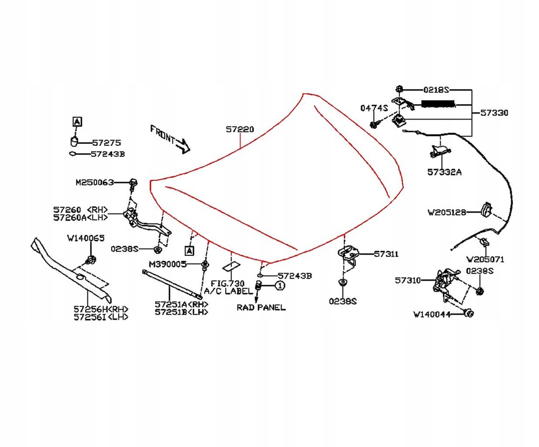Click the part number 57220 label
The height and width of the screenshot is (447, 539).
[x=240, y=129]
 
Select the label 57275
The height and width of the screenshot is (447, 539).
[x=107, y=143]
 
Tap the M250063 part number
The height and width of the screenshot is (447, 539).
[x=94, y=183]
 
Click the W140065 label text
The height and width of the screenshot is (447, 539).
[x=86, y=238]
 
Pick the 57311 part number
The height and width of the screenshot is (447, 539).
[x=386, y=254]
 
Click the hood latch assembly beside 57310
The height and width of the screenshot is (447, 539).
[x=444, y=281]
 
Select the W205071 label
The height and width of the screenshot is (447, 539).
[x=485, y=260]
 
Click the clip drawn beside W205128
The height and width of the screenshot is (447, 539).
[x=487, y=209]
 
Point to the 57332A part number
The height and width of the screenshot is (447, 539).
[x=444, y=172]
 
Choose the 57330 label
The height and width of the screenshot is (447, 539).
[x=494, y=113]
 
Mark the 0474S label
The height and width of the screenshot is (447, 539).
[x=374, y=108]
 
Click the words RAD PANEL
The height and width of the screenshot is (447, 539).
[x=261, y=307]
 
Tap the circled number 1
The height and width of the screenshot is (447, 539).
[x=280, y=285]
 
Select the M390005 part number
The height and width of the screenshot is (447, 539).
[x=167, y=264]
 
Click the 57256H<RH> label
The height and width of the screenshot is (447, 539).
[x=101, y=309]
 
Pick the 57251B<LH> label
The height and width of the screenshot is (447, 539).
[x=181, y=312]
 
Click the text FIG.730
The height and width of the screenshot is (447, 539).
[x=227, y=283]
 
